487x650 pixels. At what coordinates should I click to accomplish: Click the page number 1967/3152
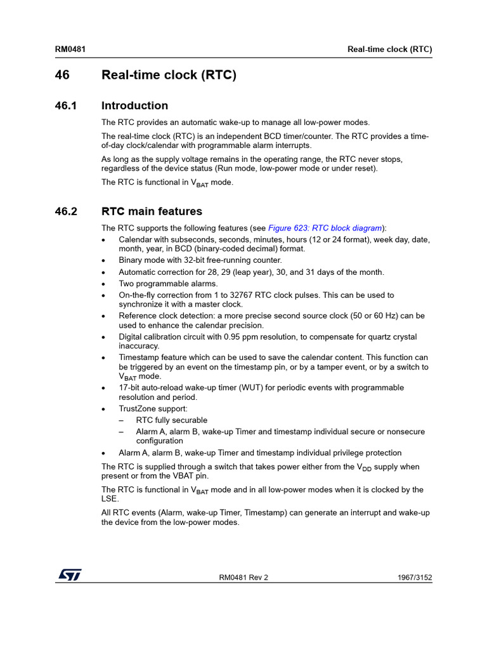click(415, 578)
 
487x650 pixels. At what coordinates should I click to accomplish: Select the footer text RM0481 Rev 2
click(243, 578)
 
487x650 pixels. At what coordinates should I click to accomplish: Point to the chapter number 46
click(62, 76)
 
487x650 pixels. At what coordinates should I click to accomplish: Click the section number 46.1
click(66, 106)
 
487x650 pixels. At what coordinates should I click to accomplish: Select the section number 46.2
click(66, 212)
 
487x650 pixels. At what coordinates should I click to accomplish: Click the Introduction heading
click(134, 106)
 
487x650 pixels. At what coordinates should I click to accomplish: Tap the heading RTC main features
click(152, 212)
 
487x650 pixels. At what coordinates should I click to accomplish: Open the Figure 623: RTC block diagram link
click(325, 228)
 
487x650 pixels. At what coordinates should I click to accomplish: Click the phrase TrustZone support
click(153, 409)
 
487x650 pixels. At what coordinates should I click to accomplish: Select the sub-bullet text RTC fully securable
click(171, 420)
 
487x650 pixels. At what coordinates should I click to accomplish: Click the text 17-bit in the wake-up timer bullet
click(130, 387)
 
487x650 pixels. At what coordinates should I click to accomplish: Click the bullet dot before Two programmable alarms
click(104, 284)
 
